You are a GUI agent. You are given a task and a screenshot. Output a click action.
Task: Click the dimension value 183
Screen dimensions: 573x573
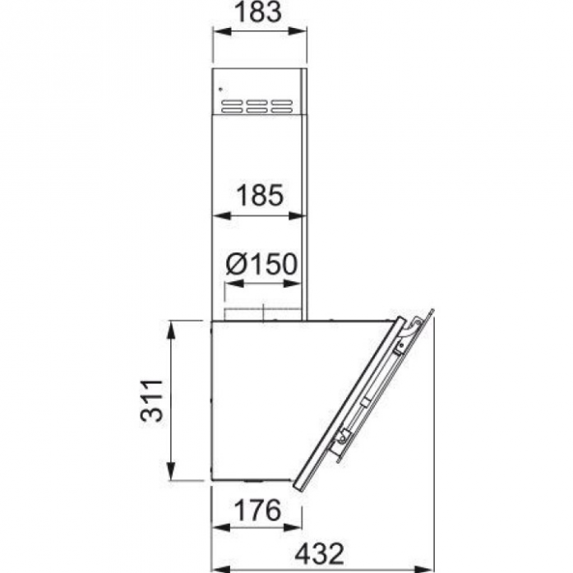[258, 12]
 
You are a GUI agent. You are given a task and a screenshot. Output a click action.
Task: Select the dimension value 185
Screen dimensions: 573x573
[260, 195]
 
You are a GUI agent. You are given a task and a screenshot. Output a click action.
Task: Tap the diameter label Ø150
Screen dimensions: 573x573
[261, 264]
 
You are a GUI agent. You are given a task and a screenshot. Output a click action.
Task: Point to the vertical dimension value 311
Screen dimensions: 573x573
[151, 401]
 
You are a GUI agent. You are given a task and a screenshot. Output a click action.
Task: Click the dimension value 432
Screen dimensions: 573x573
[320, 554]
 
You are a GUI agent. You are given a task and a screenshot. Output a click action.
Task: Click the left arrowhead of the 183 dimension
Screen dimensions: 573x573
[222, 31]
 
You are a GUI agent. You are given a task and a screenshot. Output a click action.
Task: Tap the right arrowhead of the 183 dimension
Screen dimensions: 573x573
[297, 31]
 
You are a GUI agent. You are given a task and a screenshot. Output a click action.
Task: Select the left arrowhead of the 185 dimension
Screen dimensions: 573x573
[221, 215]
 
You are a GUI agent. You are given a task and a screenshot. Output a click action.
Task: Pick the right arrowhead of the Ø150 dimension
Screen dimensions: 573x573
[292, 283]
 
